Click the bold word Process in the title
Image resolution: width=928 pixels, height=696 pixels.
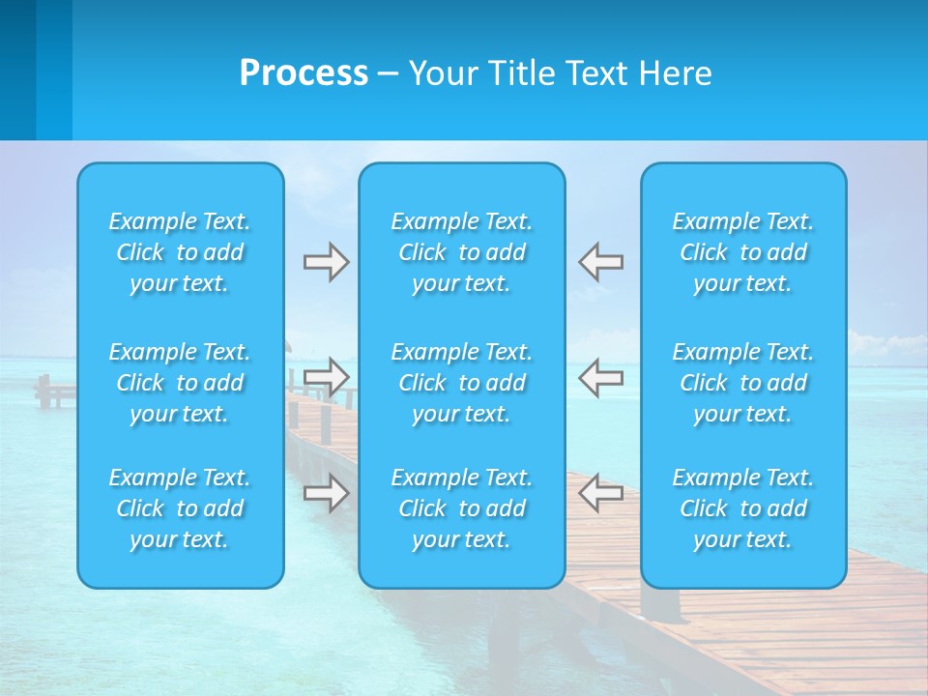pyautogui.click(x=304, y=73)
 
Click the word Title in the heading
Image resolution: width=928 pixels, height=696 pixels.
pyautogui.click(x=518, y=73)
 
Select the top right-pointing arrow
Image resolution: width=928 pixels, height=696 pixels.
pyautogui.click(x=326, y=262)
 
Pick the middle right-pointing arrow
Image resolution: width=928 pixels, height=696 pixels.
pyautogui.click(x=326, y=377)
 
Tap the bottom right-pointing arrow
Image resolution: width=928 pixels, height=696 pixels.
pyautogui.click(x=326, y=493)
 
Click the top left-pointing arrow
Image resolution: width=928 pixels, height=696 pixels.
pyautogui.click(x=600, y=262)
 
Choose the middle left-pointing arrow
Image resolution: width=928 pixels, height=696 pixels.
pyautogui.click(x=600, y=377)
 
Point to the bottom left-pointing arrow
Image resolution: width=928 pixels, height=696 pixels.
pyautogui.click(x=600, y=493)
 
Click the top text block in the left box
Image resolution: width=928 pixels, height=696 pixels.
pyautogui.click(x=180, y=252)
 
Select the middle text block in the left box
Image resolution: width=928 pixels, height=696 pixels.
pyautogui.click(x=180, y=383)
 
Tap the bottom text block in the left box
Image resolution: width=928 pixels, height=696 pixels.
pyautogui.click(x=180, y=508)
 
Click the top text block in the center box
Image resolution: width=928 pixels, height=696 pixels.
pyautogui.click(x=462, y=252)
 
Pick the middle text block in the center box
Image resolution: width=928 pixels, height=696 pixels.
pyautogui.click(x=462, y=383)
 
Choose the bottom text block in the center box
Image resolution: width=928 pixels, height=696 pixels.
pyautogui.click(x=462, y=508)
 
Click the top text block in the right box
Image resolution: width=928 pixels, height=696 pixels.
pyautogui.click(x=743, y=252)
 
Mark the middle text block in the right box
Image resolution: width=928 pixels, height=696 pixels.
pyautogui.click(x=743, y=383)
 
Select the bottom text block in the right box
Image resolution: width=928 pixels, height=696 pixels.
pyautogui.click(x=743, y=508)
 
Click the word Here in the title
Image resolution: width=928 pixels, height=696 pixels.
pyautogui.click(x=676, y=73)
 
